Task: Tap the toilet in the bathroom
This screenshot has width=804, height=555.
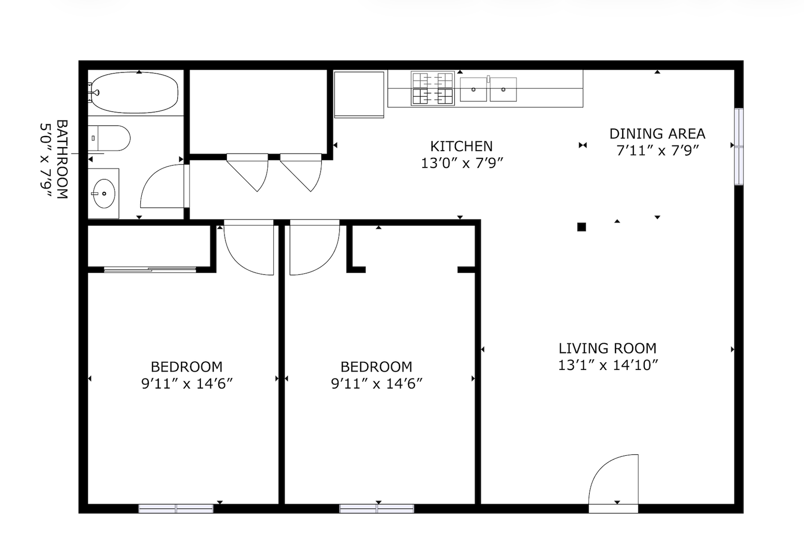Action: coord(109,138)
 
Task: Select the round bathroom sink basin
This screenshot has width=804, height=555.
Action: coord(104,194)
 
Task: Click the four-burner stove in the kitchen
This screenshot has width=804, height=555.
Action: coord(433,88)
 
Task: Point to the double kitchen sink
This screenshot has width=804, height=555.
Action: coord(488,89)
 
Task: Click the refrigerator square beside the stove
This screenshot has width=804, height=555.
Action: coord(359,95)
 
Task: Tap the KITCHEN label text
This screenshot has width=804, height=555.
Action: coord(461,146)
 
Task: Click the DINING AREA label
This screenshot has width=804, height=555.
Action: coord(657,134)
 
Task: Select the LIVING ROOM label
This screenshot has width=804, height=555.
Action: coord(607,348)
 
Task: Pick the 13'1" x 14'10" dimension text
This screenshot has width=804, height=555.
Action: coord(608,365)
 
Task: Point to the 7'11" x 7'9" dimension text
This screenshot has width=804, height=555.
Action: coord(658,151)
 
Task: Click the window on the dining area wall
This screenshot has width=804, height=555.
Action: coord(738,146)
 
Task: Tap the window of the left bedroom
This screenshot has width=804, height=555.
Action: coord(176,508)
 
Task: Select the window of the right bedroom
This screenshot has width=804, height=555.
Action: coord(377,508)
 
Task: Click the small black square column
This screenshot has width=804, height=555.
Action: coord(582,227)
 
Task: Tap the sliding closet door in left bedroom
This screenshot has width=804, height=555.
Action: coord(150,270)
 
